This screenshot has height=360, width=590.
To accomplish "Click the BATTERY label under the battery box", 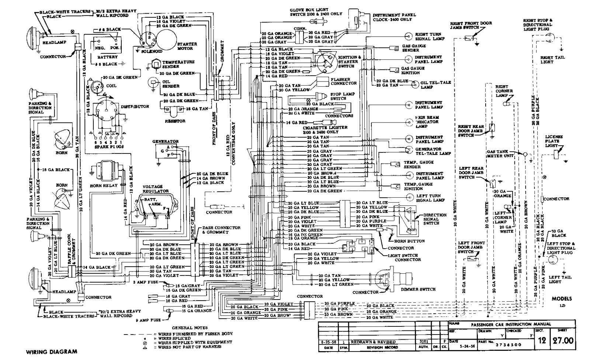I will coord(107,57).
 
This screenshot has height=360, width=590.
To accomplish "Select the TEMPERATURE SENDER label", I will coord(178,64).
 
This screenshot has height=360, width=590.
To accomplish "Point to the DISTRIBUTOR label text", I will coord(135,107).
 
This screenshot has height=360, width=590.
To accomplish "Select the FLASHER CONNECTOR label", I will coord(343,82).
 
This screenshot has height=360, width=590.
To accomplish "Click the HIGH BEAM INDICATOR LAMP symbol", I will coord(409,122).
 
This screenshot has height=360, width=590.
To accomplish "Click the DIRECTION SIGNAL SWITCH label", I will coord(435,219).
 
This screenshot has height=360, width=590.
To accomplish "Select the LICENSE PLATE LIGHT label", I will coord(554,141).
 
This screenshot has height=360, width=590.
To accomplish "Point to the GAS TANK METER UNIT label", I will coord(500,154).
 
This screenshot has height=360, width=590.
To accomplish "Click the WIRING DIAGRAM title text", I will coord(52,352).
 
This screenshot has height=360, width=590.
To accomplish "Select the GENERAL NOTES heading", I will coord(190,328).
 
